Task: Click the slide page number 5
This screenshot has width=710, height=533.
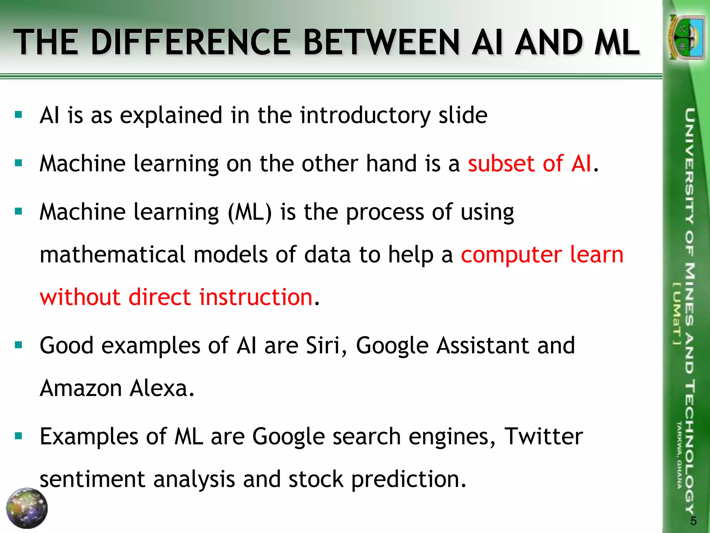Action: (693, 521)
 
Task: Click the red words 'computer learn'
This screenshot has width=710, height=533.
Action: (542, 254)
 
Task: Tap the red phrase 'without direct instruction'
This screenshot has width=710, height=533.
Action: (176, 297)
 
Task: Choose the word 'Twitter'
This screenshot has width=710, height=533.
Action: (543, 437)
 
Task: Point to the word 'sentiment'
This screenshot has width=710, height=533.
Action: (93, 479)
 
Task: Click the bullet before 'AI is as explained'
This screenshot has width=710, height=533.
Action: (19, 115)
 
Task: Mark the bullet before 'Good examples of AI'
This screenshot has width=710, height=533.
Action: (19, 345)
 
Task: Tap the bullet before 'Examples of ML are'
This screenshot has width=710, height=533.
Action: (19, 436)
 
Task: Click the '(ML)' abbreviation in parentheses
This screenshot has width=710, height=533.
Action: (250, 212)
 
